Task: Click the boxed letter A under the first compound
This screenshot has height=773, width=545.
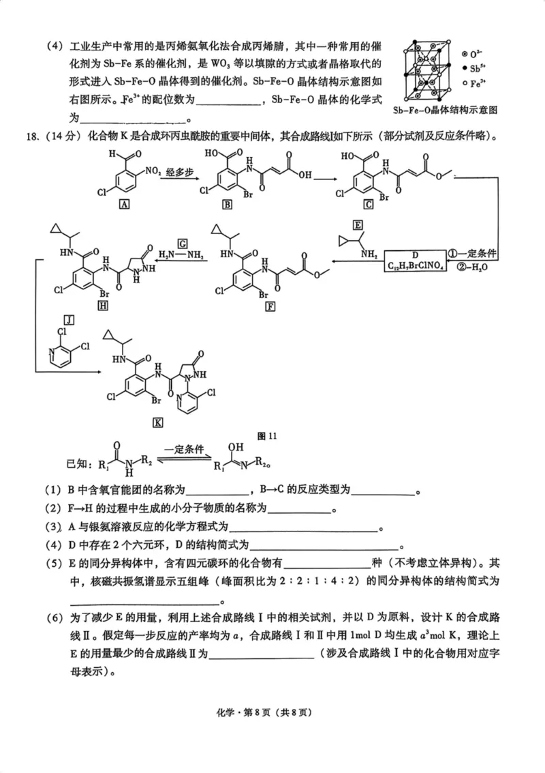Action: pyautogui.click(x=123, y=205)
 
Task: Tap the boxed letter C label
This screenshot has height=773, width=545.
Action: pyautogui.click(x=368, y=205)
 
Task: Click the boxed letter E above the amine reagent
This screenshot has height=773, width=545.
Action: pyautogui.click(x=357, y=226)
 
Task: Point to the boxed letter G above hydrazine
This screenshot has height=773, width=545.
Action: pyautogui.click(x=182, y=242)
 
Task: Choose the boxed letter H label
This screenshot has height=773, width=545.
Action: pyautogui.click(x=104, y=306)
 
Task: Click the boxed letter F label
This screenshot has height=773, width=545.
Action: pyautogui.click(x=271, y=306)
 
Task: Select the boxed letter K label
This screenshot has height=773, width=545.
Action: pyautogui.click(x=158, y=422)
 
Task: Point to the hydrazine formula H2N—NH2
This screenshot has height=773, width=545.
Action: pyautogui.click(x=181, y=255)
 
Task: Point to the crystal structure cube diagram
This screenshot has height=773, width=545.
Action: pyautogui.click(x=430, y=69)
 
